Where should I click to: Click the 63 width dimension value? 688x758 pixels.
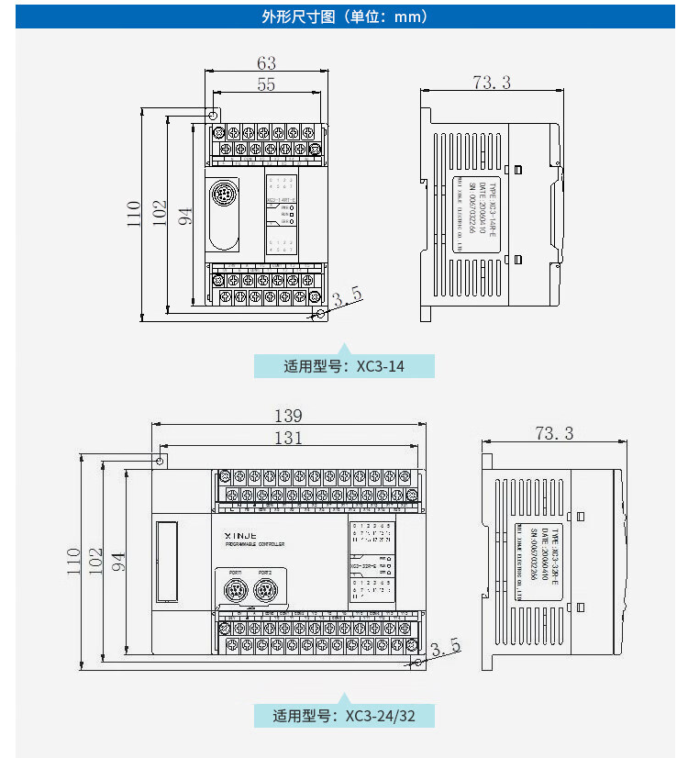tap(266, 63)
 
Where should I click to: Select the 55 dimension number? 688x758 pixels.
tap(266, 84)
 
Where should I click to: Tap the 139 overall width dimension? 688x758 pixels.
tap(288, 416)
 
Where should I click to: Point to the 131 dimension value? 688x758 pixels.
tap(288, 438)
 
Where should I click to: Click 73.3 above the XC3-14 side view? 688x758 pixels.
tap(492, 83)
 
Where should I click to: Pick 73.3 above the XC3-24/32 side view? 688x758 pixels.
tap(554, 433)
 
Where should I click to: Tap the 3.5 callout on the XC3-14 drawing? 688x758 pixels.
tap(348, 296)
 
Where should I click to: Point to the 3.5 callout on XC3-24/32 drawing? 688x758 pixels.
tap(445, 648)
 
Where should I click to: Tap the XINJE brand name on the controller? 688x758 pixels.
tap(240, 533)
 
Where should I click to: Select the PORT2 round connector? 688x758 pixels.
tap(265, 589)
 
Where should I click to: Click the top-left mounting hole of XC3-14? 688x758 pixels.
tap(213, 117)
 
